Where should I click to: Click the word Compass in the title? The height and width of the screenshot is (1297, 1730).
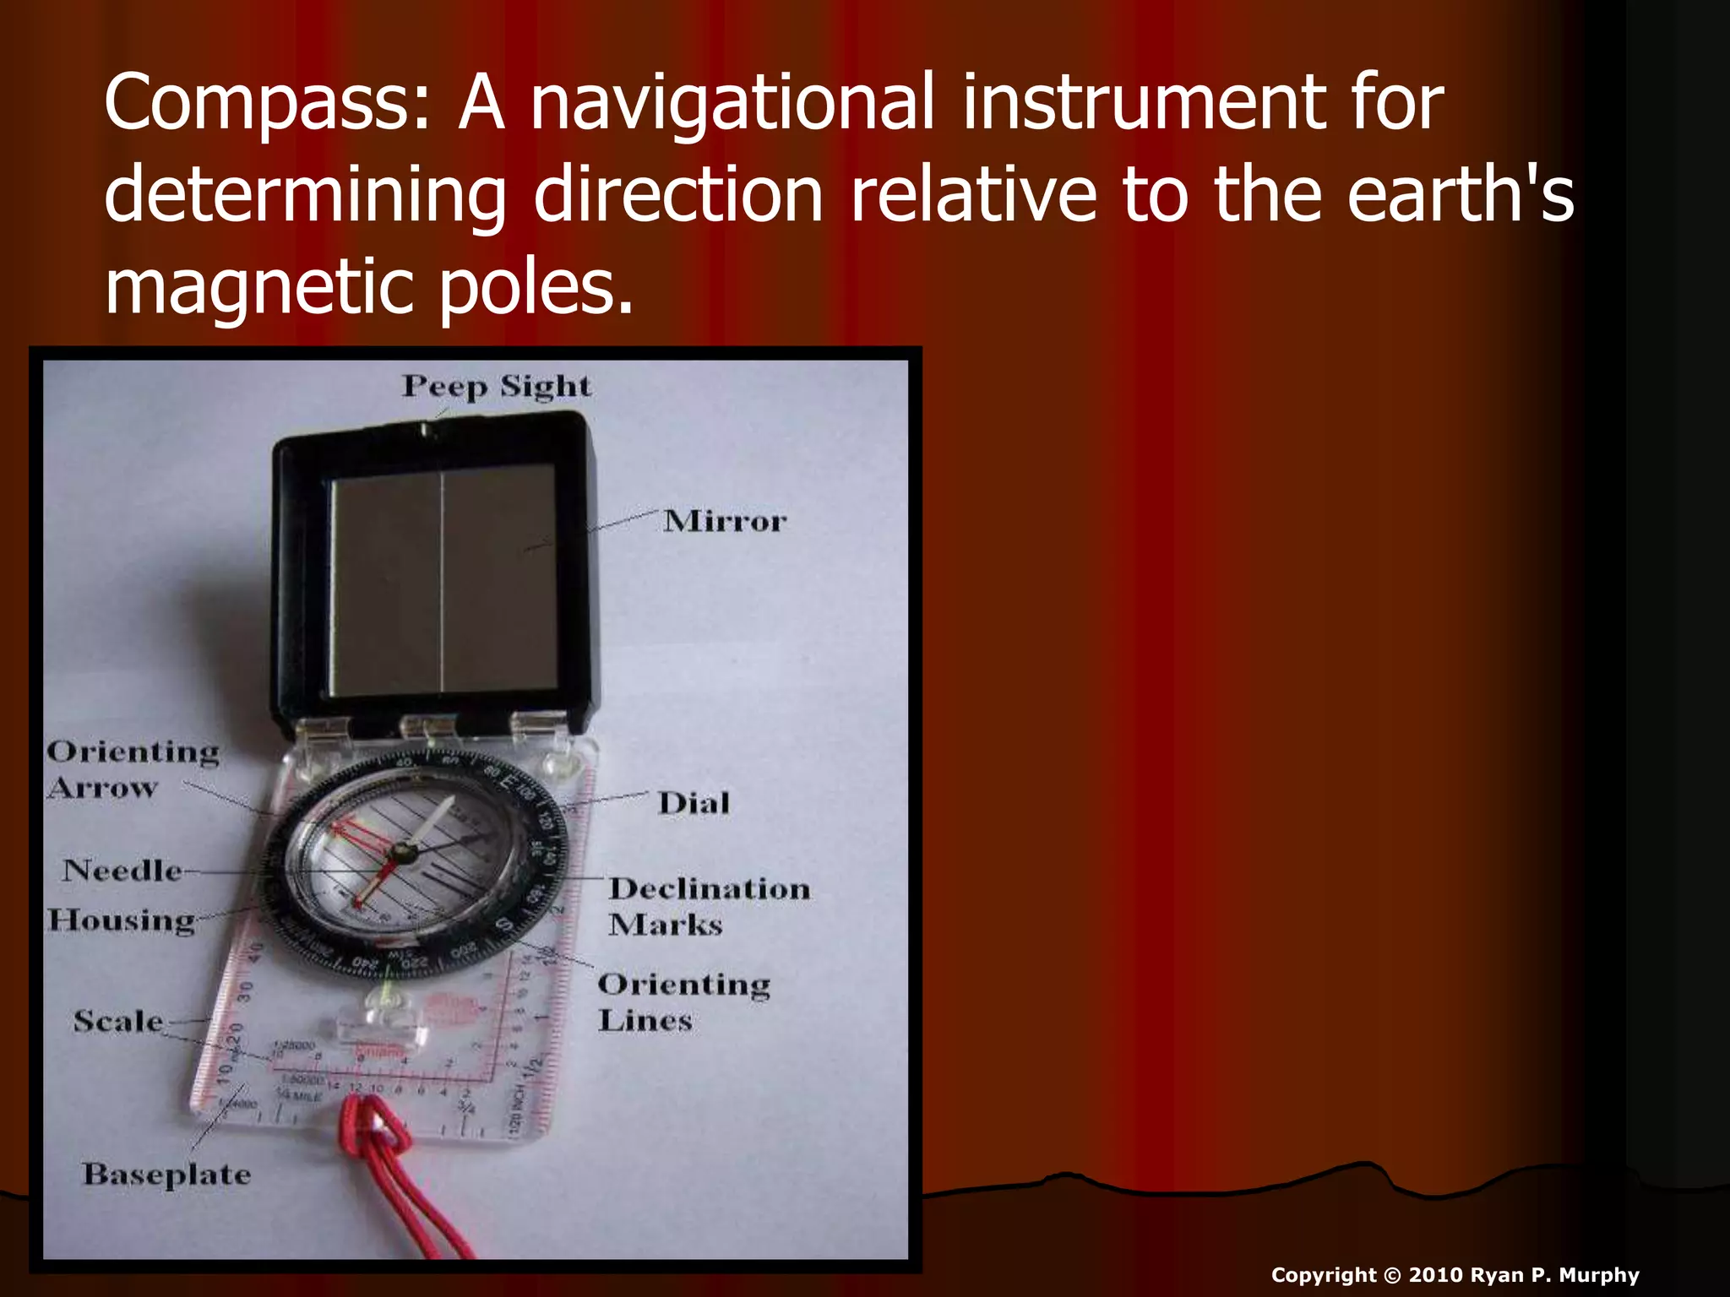tap(267, 105)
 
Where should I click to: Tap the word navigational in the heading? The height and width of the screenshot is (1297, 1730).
tap(732, 105)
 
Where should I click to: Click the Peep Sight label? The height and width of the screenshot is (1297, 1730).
tap(497, 386)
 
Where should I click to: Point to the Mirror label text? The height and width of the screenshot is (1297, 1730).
tap(725, 521)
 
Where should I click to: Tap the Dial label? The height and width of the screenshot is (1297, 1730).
tap(694, 802)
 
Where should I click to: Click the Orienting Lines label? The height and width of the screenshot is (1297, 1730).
tap(683, 1001)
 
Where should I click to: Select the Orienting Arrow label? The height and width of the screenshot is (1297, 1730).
tap(132, 769)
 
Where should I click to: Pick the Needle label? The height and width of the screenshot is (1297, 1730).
tap(122, 870)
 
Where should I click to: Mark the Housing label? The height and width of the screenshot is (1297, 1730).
tap(121, 920)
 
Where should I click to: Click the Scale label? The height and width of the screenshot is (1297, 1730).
tap(118, 1021)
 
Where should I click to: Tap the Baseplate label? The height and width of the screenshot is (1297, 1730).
tap(166, 1174)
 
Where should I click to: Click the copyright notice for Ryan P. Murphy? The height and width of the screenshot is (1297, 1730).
tap(1455, 1275)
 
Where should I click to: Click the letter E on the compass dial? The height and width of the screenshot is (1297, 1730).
tap(507, 782)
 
